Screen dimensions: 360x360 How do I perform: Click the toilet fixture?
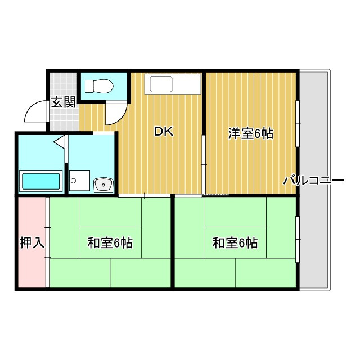pos(99,86)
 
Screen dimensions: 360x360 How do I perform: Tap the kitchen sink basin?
pos(161,84)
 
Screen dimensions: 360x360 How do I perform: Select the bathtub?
pos(41,181)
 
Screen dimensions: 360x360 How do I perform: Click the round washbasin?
pos(103,185)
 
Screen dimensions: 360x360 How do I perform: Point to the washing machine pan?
pos(79,181)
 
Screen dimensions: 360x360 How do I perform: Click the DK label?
pos(164,132)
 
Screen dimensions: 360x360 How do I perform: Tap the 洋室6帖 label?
pos(251,133)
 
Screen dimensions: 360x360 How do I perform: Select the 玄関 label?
pos(64,102)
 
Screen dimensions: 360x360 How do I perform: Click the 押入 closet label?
pos(32,242)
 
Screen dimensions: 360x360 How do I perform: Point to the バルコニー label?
pos(313,181)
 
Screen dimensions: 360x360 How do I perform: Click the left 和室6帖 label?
pos(110,243)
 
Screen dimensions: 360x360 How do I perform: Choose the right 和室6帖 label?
pos(235,243)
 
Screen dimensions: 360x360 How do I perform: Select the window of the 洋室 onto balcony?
pos(298,124)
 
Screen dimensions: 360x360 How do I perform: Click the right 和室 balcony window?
pos(298,239)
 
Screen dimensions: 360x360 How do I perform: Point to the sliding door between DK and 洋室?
pos(204,164)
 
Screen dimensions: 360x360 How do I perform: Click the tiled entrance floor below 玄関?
pos(64,120)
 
